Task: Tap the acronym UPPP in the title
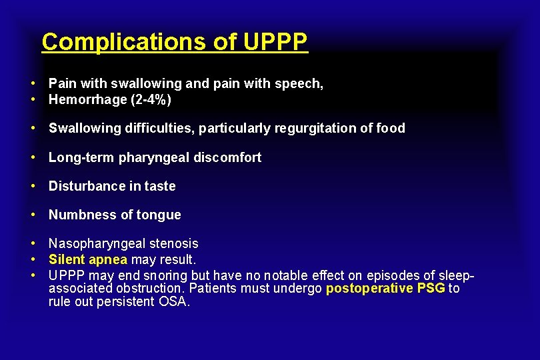[275, 42]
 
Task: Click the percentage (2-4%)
[151, 100]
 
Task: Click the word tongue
[159, 215]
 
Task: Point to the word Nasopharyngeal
[95, 244]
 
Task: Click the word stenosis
[171, 244]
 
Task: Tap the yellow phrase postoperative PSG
[385, 288]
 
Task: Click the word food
[390, 128]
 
